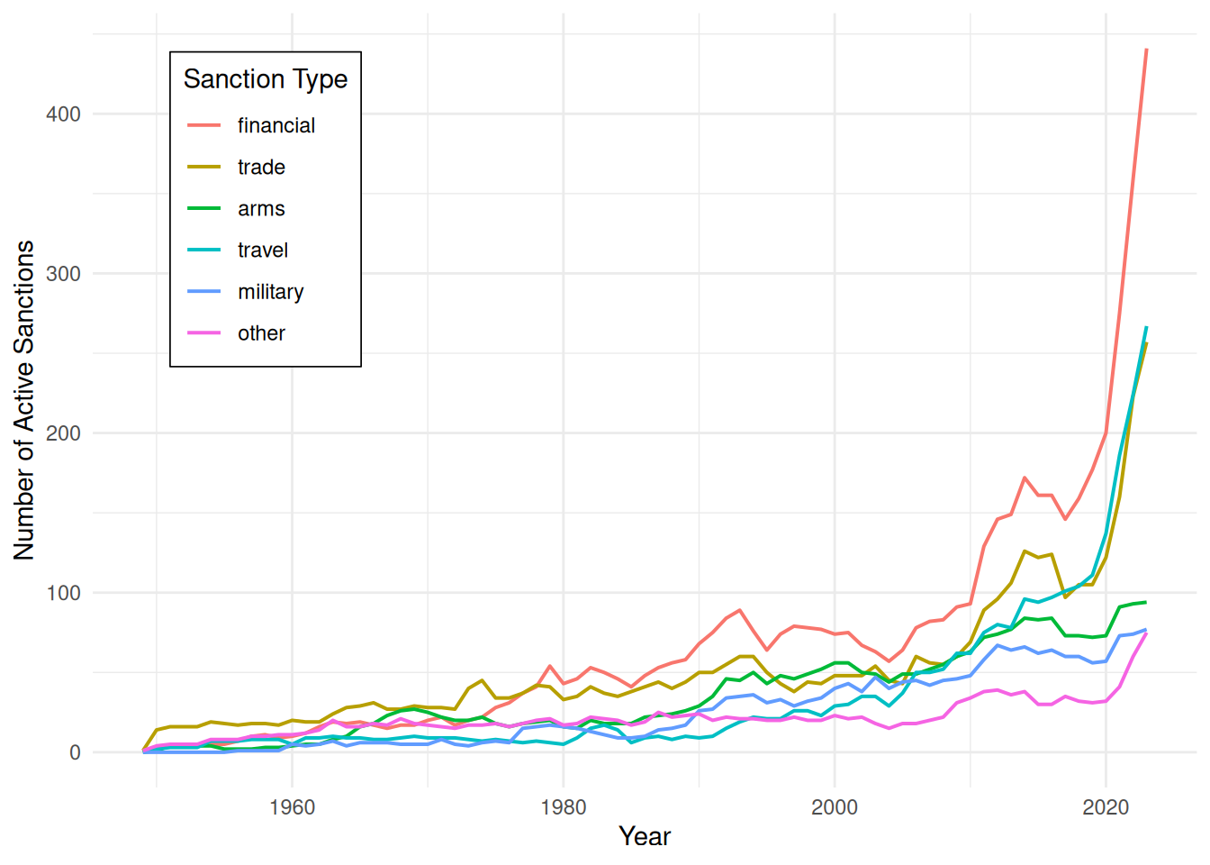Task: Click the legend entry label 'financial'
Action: coord(276,125)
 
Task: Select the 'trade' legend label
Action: coord(261,167)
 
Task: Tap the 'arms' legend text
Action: coord(261,209)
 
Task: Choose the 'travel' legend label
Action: coord(263,250)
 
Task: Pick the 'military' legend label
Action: coord(271,292)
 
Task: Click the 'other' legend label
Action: coord(261,333)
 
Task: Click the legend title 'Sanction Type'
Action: coord(266,79)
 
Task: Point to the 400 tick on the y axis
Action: coord(63,114)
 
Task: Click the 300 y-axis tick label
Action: coord(63,274)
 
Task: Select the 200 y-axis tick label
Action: coord(63,433)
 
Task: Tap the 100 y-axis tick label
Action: coord(63,593)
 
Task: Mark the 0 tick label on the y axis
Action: coord(75,752)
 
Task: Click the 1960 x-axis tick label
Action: coord(293,807)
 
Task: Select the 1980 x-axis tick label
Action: coord(564,807)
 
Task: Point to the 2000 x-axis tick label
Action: coord(835,807)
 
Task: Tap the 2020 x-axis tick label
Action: coord(1106,807)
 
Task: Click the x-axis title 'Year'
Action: coord(645,836)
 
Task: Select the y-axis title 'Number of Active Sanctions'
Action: coord(23,400)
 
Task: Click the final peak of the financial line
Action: coord(1146,50)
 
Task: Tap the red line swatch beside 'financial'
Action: coord(204,125)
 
